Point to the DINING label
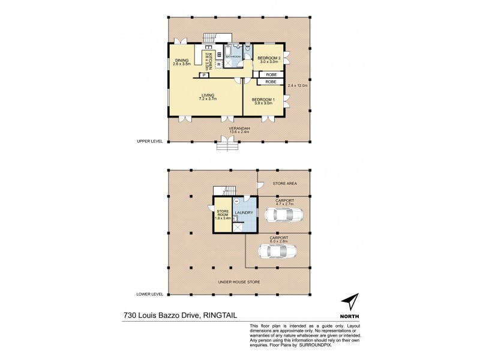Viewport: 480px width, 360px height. point(182,61)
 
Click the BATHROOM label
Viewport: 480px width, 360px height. point(233,56)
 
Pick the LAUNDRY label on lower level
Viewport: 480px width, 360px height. point(244,212)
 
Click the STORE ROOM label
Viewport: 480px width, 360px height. point(223,213)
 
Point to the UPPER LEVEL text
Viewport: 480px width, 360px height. point(151,142)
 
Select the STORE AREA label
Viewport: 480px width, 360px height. point(284,184)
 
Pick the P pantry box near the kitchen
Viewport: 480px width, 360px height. point(204,75)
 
